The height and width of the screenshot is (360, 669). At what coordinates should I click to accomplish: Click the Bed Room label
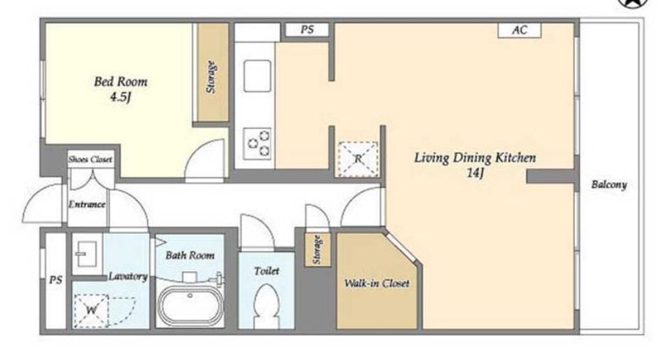point(121,82)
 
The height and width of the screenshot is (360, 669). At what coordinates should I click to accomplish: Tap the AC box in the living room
point(520,31)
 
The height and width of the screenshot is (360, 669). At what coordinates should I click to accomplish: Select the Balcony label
point(609,184)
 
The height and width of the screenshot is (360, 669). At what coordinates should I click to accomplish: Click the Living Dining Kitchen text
point(475,158)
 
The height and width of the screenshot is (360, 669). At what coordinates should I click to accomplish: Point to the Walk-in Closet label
point(376,283)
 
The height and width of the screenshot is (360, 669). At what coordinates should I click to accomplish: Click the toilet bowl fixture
point(266,305)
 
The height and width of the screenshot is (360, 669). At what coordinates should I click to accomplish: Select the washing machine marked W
point(91,310)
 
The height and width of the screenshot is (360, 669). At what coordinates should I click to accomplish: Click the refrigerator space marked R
point(358,159)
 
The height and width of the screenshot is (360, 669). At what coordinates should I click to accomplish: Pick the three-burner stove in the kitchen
point(257,144)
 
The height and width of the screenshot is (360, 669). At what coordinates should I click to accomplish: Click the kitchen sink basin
point(257,77)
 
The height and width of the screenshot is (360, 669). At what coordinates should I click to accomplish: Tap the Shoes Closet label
point(90,160)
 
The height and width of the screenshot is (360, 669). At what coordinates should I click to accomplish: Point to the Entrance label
point(87,204)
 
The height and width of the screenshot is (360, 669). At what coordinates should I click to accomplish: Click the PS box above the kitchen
point(307,30)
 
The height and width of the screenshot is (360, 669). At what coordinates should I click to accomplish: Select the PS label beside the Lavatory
point(55,281)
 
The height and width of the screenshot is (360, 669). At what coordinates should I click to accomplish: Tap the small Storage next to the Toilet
point(318,250)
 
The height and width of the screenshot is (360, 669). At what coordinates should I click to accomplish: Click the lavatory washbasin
point(87,254)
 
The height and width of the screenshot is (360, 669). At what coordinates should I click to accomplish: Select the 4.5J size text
point(120,97)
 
